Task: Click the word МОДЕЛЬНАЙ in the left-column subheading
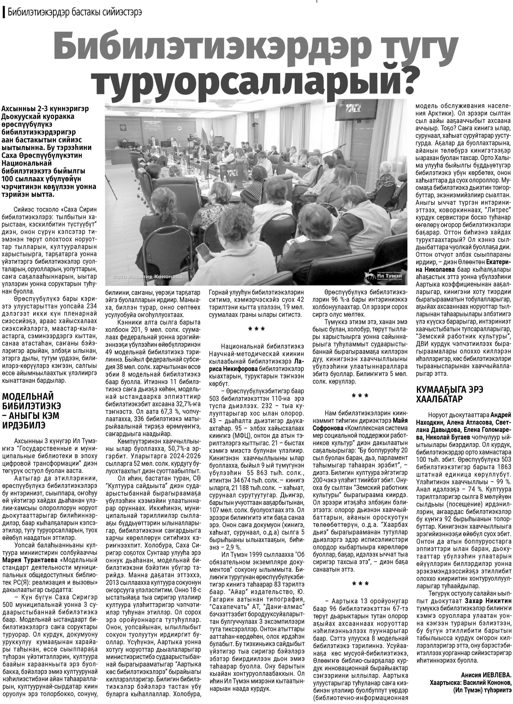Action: point(28,396)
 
